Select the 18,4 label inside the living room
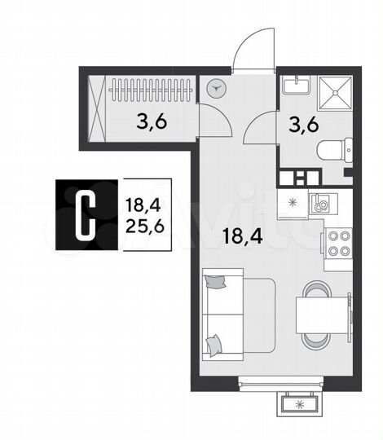(238, 237)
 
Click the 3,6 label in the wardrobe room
(152, 123)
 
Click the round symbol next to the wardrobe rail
(217, 89)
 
